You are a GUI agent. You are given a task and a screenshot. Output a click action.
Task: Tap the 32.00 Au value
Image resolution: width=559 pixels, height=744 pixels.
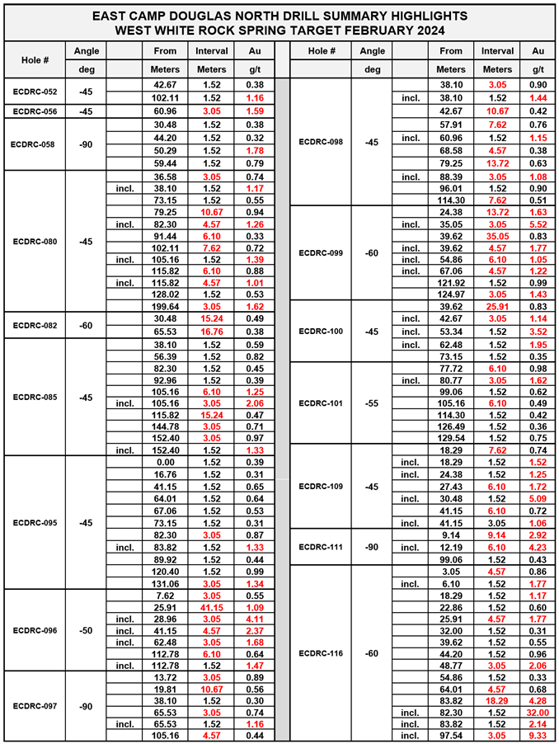(x=541, y=712)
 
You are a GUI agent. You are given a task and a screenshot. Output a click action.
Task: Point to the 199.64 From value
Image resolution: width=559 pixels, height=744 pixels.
(x=165, y=304)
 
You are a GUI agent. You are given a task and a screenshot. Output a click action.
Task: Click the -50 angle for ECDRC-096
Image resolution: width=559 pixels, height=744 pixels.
(x=86, y=630)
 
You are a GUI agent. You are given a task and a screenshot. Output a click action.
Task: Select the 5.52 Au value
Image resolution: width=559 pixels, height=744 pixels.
(x=541, y=224)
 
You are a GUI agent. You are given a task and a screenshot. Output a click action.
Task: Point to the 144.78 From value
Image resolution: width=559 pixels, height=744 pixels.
(x=165, y=426)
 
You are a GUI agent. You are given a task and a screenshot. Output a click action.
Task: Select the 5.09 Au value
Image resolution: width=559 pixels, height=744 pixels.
(x=541, y=498)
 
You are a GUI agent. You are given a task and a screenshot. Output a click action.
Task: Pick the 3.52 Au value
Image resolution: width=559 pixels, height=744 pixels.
(x=541, y=331)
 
